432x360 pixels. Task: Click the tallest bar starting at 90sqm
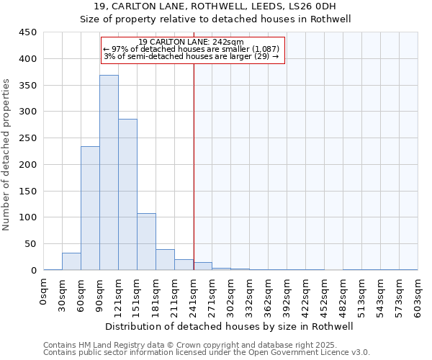click(109, 173)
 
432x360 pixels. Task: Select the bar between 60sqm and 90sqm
click(90, 209)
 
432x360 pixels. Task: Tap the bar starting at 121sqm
click(127, 194)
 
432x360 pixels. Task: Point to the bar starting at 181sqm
click(165, 260)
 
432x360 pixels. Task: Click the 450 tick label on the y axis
click(28, 32)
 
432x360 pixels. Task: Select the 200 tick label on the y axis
click(28, 164)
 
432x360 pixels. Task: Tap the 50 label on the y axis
click(31, 243)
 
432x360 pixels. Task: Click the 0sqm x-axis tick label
click(44, 294)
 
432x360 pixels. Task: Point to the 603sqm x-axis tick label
click(418, 297)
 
